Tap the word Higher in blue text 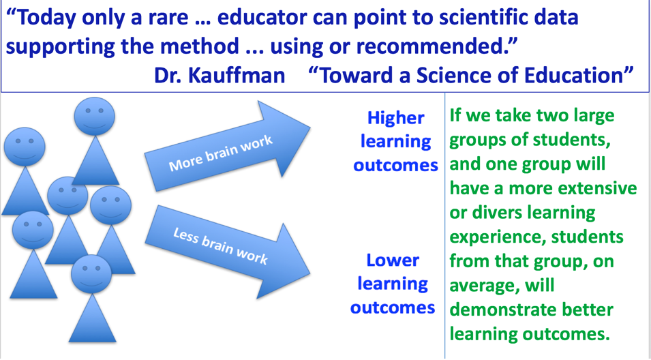coord(395,119)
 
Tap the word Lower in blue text coord(393,260)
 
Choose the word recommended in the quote coord(434,46)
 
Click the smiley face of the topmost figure coord(94,117)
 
